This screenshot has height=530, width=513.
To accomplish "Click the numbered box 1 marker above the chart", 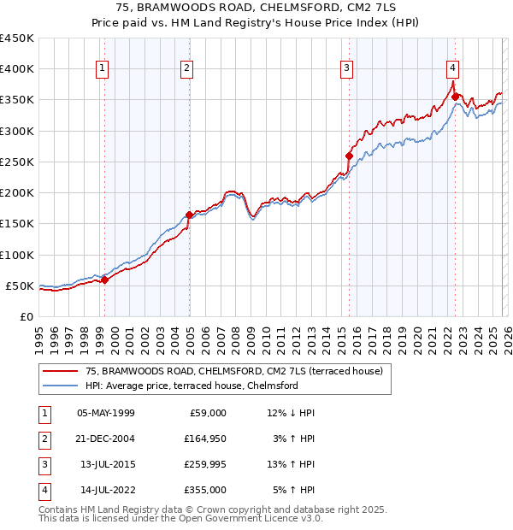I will tap(103, 69).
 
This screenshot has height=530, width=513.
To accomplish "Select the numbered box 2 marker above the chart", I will tap(186, 69).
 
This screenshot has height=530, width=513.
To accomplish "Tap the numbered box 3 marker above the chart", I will tap(347, 69).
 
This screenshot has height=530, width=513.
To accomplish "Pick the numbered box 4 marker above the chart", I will tap(452, 69).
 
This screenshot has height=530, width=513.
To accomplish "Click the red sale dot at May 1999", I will tap(104, 280).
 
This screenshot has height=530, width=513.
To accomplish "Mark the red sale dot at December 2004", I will tap(189, 215).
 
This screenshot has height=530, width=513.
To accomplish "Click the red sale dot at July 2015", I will tap(349, 156).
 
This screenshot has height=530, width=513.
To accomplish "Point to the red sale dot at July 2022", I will tap(455, 97).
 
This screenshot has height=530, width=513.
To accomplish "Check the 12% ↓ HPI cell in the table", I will tap(291, 413).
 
